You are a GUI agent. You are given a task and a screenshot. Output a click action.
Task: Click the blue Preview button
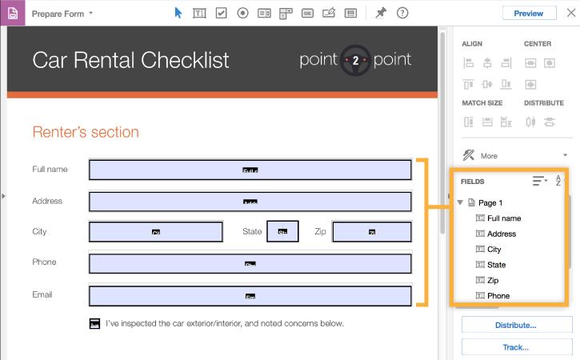529,13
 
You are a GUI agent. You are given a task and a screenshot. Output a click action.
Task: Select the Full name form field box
250,170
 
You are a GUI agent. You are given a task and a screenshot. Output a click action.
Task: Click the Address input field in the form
250,201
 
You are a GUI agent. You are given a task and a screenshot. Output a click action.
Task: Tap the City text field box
156,232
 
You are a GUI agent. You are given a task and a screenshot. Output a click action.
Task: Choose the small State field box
282,232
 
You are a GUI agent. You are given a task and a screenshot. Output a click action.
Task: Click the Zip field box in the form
372,232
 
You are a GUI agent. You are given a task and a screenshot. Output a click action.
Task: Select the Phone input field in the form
250,263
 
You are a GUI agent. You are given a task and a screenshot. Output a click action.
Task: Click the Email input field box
250,295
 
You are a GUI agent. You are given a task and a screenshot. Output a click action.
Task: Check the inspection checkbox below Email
94,323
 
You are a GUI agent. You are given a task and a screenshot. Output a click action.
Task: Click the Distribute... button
515,326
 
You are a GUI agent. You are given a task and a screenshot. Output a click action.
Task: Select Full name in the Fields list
504,218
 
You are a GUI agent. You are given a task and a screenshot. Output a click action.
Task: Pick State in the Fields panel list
496,265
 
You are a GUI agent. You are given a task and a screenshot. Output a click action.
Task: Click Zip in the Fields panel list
493,280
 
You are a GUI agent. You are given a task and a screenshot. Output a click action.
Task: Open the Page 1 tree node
460,203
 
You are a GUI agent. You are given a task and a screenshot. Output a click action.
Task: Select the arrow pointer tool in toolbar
178,13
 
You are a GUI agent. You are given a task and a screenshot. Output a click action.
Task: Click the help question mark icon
402,13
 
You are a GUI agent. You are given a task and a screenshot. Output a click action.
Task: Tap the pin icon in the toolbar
381,13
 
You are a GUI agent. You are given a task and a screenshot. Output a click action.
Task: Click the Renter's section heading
85,132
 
